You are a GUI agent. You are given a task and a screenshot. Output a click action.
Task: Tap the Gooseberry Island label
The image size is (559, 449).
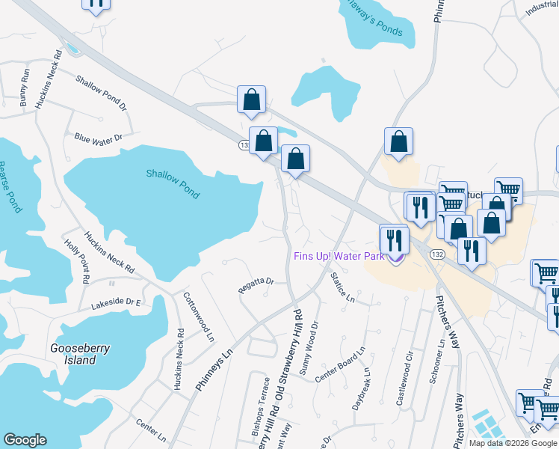73,354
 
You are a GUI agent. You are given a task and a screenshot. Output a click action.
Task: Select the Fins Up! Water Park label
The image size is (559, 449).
339,256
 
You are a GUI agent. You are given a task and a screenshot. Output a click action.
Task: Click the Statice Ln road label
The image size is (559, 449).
343,287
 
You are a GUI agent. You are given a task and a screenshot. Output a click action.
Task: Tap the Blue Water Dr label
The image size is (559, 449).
97,138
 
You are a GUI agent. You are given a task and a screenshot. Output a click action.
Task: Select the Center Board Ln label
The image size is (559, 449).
340,364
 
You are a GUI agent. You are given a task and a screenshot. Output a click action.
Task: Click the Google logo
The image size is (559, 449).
25,440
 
